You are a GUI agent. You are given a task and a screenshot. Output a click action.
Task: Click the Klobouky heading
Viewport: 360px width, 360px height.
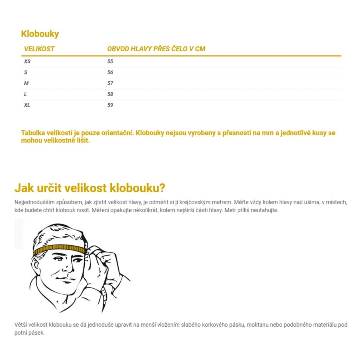[40, 34]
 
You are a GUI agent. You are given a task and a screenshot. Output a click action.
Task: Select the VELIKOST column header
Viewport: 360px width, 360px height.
[39, 49]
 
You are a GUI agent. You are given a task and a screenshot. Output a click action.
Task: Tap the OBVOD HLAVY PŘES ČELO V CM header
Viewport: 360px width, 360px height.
[156, 49]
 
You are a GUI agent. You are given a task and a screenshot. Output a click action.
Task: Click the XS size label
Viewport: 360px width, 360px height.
[27, 62]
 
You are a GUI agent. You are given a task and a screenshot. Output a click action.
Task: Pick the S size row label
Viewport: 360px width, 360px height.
[26, 72]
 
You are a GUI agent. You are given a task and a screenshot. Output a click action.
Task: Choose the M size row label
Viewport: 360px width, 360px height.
[26, 83]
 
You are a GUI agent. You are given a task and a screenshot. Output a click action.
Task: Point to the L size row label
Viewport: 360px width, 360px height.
[25, 94]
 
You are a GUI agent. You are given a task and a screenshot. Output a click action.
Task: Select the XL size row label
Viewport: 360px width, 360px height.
[27, 105]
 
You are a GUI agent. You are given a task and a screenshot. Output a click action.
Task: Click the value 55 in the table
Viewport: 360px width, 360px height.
[110, 62]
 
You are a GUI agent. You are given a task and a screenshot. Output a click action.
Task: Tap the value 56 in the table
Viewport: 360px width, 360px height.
[110, 72]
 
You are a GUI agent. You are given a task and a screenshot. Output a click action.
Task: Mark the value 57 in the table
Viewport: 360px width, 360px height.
[110, 83]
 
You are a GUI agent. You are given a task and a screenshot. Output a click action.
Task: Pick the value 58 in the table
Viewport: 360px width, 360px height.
[110, 94]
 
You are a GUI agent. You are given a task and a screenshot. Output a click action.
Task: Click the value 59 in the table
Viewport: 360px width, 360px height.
[110, 105]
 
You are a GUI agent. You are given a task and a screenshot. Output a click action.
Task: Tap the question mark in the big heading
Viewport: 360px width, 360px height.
[162, 188]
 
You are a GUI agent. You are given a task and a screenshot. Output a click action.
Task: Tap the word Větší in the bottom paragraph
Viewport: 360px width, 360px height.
[21, 325]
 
